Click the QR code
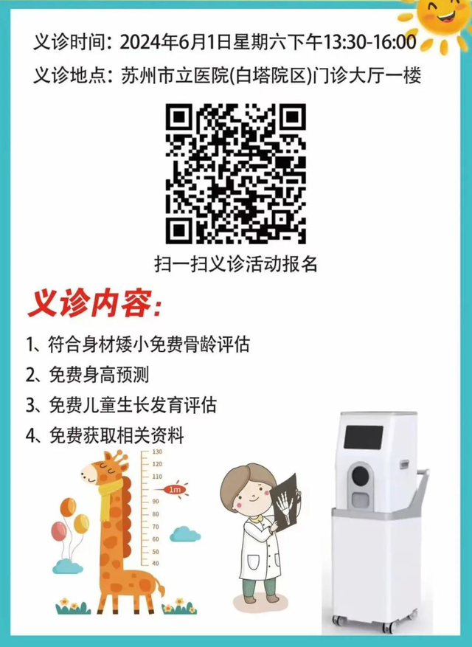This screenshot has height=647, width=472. [235, 173]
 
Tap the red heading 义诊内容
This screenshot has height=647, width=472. [95, 305]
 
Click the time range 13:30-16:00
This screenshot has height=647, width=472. [369, 42]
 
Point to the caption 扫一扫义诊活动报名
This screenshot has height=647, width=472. [235, 263]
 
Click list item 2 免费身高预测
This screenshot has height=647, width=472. [88, 375]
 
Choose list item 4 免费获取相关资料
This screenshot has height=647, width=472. [105, 436]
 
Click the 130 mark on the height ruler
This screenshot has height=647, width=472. [157, 451]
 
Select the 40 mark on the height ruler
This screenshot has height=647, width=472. [156, 563]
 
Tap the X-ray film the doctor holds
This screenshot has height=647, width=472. [285, 503]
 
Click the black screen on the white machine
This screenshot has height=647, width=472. [363, 437]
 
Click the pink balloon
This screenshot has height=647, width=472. [58, 531]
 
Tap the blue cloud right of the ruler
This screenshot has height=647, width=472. [185, 534]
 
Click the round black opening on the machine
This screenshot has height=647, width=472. [360, 476]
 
